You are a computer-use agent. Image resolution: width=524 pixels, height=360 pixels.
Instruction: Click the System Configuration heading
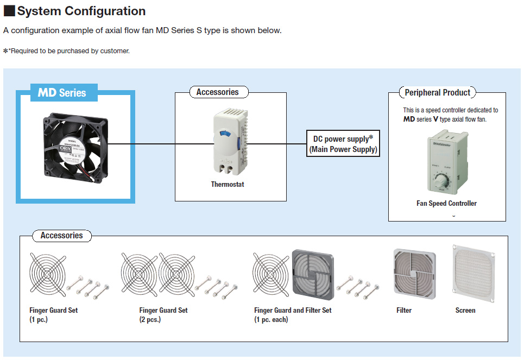(x=81, y=11)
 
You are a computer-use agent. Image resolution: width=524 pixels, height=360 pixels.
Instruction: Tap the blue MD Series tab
(x=62, y=93)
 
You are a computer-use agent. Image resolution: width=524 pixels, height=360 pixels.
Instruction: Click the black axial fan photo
(x=76, y=143)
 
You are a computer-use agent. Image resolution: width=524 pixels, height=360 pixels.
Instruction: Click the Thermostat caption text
(x=228, y=185)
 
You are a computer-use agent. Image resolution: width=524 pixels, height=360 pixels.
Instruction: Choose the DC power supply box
(x=343, y=144)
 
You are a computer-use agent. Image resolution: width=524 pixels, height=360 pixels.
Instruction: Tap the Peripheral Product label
(x=438, y=92)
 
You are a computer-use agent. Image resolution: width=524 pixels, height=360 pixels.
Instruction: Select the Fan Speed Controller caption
(x=446, y=204)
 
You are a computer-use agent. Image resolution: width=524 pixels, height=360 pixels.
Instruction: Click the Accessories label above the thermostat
(x=217, y=92)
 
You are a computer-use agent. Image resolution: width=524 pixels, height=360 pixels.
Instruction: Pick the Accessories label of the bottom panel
(x=61, y=236)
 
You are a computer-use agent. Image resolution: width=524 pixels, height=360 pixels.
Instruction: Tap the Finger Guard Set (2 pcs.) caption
(x=163, y=314)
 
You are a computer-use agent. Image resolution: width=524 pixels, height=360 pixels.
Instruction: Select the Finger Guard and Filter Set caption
(x=293, y=314)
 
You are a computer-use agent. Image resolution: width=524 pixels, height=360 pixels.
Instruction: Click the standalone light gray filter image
(x=414, y=274)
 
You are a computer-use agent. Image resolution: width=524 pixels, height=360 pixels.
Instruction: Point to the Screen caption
(x=465, y=311)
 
